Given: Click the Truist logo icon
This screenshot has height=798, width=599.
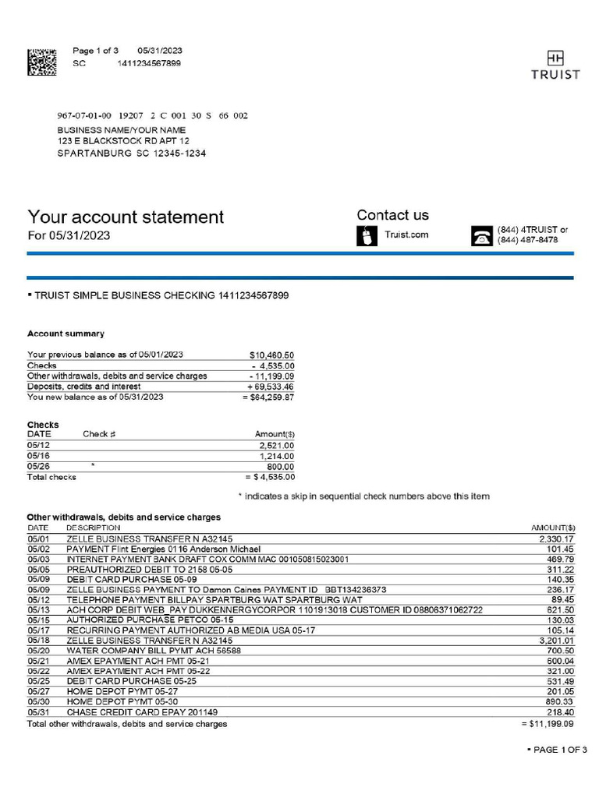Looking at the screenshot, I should (x=555, y=58).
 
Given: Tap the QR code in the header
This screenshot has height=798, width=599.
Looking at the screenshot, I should (x=42, y=62).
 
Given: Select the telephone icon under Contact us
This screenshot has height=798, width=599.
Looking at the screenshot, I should (x=482, y=236).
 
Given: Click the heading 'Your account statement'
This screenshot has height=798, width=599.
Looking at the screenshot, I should (x=126, y=217).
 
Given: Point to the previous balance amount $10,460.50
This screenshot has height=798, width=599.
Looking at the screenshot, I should (x=271, y=355).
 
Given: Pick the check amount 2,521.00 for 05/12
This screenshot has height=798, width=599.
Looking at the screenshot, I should (x=277, y=445).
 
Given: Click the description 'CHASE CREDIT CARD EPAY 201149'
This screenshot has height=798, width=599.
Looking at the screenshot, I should (x=142, y=712).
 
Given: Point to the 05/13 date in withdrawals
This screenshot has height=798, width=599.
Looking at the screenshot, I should (x=38, y=609).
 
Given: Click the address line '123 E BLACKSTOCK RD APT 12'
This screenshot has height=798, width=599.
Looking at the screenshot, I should (x=123, y=142).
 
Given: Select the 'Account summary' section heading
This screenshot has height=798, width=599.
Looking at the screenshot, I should (x=66, y=334).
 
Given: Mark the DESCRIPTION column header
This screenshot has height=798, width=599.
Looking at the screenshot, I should (x=94, y=528).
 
